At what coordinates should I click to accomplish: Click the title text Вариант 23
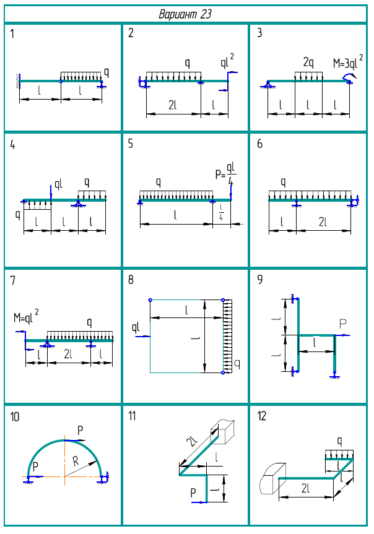186,14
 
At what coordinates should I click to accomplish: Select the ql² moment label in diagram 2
227,61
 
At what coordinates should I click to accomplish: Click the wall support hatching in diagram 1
17,80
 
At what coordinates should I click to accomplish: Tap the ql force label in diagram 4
59,184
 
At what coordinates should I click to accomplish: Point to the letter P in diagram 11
194,493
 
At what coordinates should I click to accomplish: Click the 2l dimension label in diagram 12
305,489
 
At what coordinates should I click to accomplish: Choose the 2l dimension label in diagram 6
323,222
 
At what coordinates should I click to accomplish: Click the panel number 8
131,280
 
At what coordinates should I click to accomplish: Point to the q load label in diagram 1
107,72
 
